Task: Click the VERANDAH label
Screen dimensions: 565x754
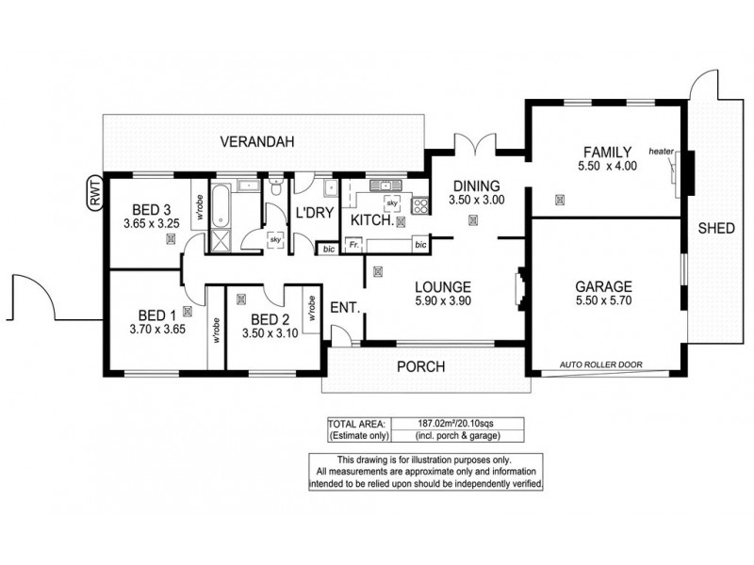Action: pos(257,142)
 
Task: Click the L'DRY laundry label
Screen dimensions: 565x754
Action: pos(314,213)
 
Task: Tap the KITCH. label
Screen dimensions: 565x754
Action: pos(369,220)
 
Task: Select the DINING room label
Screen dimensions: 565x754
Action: pos(475,186)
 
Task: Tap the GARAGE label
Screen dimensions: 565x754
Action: pos(603,287)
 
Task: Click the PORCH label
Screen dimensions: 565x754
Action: pos(419,366)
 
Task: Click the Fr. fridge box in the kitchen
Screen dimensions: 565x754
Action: pos(353,246)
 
